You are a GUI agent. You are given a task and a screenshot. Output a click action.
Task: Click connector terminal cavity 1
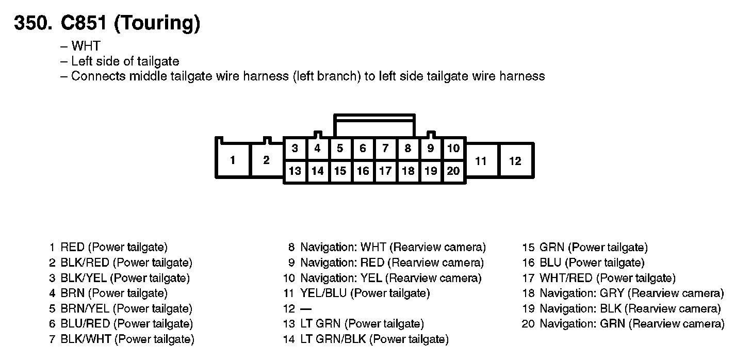[x=233, y=160]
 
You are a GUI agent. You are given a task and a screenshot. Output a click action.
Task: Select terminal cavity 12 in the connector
[x=515, y=161]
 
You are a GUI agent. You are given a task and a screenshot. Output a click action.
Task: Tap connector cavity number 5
[x=340, y=149]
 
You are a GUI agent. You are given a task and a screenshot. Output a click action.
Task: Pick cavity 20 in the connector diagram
[x=453, y=171]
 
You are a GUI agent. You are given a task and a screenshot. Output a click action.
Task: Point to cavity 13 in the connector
[x=295, y=171]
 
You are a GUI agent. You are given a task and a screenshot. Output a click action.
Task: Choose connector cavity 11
[x=481, y=161]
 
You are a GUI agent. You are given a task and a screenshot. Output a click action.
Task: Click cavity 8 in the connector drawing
[x=408, y=149]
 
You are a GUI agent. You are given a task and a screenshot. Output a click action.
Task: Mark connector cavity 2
[x=266, y=160]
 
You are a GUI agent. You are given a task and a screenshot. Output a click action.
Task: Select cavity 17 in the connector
[x=385, y=171]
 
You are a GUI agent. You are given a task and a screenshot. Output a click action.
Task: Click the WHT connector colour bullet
[x=86, y=46]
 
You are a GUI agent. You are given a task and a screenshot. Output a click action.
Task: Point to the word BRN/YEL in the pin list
[x=85, y=308]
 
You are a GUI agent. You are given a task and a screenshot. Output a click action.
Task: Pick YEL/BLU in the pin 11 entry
[x=323, y=293]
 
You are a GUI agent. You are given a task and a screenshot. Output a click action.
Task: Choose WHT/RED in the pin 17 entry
[x=565, y=278]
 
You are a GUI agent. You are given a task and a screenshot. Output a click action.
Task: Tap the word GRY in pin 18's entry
[x=612, y=293]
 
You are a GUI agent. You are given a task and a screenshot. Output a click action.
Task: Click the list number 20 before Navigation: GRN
[x=528, y=324]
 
